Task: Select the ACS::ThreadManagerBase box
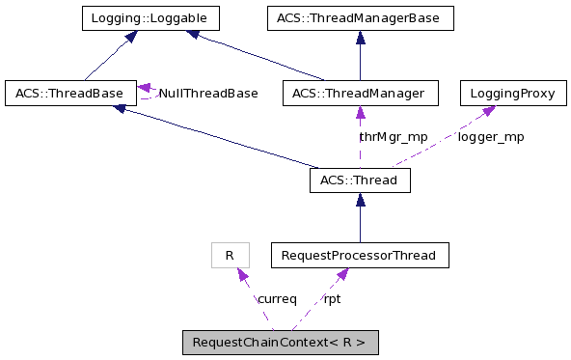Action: coord(360,17)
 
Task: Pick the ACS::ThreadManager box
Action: coord(360,93)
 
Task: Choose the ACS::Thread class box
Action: coord(360,180)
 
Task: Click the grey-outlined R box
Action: coord(230,255)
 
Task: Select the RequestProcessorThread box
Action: coord(360,255)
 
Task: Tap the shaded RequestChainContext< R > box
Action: coord(280,342)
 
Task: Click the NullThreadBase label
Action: coord(208,94)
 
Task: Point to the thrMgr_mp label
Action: coord(393,136)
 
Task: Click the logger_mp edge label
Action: coord(491,136)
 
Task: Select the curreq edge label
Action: coord(277,298)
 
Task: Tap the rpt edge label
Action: coord(332,298)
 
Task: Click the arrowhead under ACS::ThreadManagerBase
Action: coord(360,37)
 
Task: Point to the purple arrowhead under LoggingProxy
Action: coord(489,111)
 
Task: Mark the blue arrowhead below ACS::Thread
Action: coord(360,199)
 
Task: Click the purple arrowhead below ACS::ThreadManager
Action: coord(360,112)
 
